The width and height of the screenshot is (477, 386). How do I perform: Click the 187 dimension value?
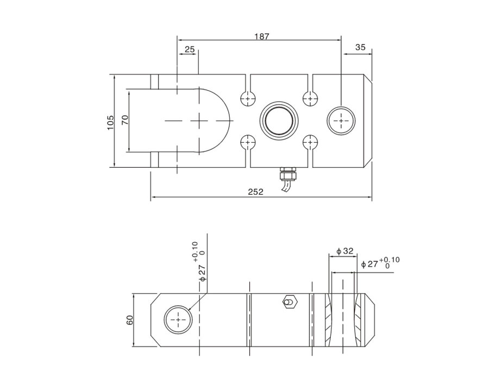(262, 36)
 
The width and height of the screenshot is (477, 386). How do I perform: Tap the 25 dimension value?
(190, 49)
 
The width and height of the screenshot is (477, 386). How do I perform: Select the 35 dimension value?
(360, 47)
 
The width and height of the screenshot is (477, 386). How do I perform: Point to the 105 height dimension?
(111, 121)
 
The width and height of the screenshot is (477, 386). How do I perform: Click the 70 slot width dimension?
(125, 121)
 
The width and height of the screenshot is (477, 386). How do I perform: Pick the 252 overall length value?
(255, 192)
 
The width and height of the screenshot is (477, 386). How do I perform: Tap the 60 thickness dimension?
(130, 320)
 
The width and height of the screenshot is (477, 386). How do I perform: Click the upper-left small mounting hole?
(248, 98)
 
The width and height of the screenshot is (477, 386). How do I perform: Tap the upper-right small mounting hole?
(310, 98)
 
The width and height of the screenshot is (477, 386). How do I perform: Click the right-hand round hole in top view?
(341, 120)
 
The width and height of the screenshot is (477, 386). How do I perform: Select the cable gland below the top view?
(287, 174)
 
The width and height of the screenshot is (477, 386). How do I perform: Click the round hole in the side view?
(178, 321)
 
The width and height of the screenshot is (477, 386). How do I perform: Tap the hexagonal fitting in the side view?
(289, 302)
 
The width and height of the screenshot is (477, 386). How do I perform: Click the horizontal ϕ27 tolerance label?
(380, 263)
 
